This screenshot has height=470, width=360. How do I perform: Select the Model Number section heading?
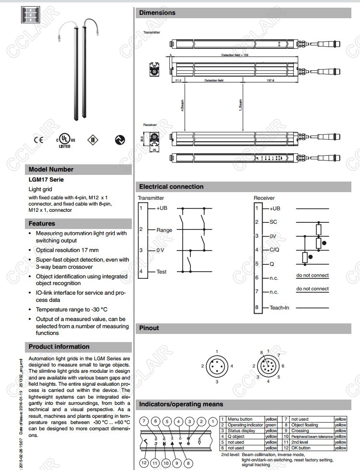(51, 169)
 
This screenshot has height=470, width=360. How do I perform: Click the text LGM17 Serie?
(46, 180)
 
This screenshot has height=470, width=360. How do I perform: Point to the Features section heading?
(42, 223)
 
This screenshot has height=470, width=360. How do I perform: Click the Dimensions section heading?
(157, 13)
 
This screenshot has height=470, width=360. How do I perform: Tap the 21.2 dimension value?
(178, 80)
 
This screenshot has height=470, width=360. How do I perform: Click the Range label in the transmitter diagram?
(164, 230)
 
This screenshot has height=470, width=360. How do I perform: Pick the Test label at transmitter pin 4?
(162, 272)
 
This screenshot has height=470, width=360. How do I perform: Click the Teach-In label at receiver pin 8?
(279, 308)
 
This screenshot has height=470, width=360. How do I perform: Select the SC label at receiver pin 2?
(273, 222)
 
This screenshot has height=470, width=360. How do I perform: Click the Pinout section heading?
(149, 328)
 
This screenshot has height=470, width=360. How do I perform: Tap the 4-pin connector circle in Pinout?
(217, 367)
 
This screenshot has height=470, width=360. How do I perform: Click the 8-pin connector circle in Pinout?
(267, 367)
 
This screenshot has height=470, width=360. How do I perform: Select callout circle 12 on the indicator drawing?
(144, 462)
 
